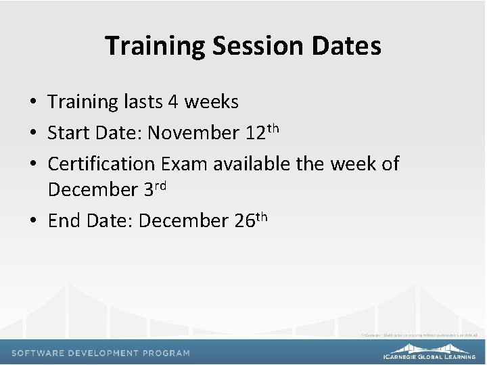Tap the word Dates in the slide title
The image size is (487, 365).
coord(347,46)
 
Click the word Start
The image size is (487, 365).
coord(68,132)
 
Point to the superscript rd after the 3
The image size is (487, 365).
coord(160,186)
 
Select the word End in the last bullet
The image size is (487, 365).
coord(64,220)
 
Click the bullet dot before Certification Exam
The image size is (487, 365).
coord(32,164)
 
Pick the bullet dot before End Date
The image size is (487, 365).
coord(32,221)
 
